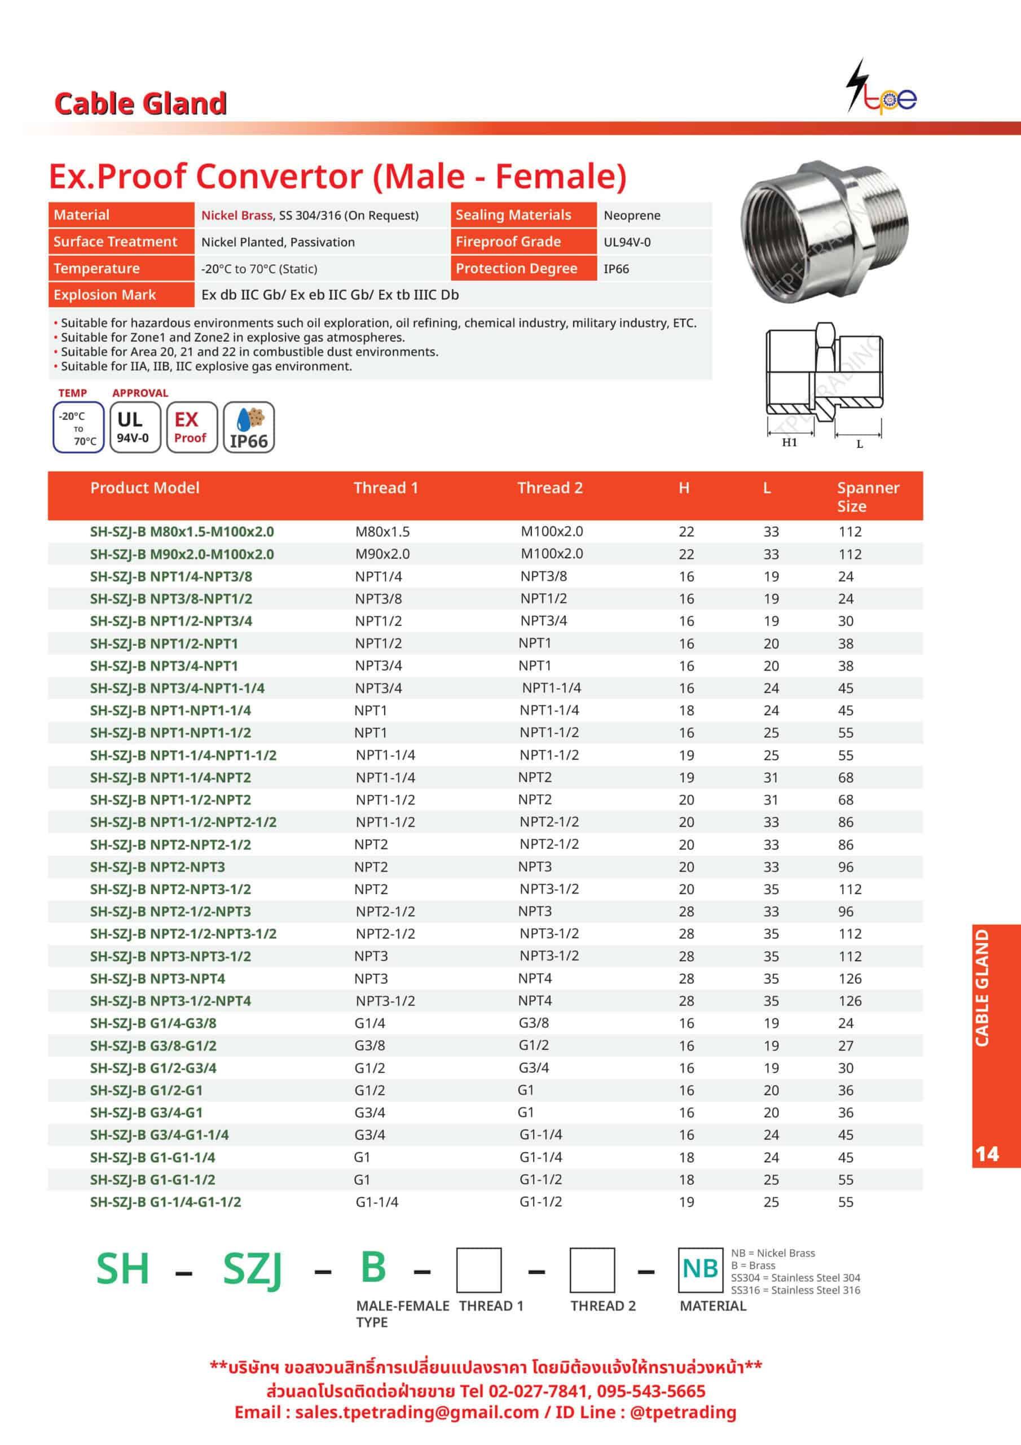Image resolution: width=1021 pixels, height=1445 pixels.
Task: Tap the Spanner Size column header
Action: coord(868,497)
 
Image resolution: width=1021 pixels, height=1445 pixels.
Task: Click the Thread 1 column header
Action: coord(385,488)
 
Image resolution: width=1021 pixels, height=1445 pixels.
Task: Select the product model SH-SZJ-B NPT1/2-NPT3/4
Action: coord(171,621)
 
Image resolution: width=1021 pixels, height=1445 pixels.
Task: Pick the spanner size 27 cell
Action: coord(846,1046)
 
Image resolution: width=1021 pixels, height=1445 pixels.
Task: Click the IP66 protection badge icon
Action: coord(249,428)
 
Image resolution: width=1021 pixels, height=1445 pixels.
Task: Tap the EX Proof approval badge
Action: coord(191,428)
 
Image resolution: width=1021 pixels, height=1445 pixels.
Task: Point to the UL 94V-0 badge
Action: coord(135,428)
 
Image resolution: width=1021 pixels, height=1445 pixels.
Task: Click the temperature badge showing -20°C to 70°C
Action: coord(78,428)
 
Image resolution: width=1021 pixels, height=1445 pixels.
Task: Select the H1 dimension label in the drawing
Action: coord(789,443)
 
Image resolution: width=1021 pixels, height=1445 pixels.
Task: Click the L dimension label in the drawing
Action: coord(859,444)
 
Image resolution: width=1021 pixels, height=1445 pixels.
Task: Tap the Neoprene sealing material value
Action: coord(632,215)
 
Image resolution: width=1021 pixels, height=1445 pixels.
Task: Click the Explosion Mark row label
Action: coord(104,295)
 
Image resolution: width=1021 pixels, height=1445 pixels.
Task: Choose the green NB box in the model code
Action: coord(699,1269)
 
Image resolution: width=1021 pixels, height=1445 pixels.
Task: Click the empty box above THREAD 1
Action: coord(479,1270)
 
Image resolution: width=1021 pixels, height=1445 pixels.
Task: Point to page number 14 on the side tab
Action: coord(987,1154)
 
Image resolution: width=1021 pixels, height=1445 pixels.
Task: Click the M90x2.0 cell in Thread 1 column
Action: coord(382,554)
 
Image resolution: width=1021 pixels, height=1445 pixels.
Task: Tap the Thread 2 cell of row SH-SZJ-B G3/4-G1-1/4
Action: coord(540,1135)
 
